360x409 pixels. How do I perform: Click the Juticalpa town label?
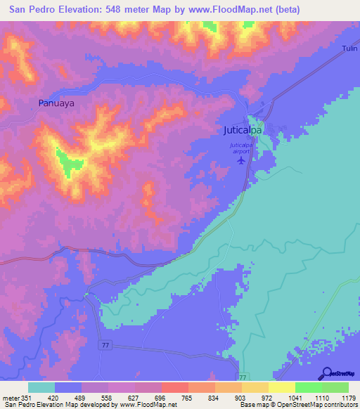coord(243,131)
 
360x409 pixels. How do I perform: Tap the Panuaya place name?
coord(56,103)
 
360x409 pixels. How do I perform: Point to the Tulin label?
coord(349,48)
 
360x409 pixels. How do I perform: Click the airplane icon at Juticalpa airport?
coord(243,160)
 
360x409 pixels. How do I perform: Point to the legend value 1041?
coord(280,397)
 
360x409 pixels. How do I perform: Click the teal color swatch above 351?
coord(41,387)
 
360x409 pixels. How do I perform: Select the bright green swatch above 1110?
coord(308,387)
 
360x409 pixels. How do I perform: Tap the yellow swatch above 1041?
coord(281,387)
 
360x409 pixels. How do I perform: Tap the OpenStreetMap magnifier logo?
coord(326,374)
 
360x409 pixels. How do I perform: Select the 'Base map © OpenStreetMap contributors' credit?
coord(299,405)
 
